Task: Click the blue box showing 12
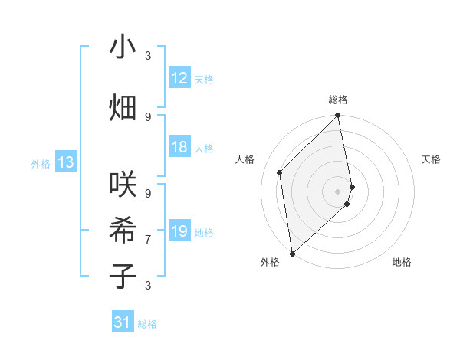click(x=179, y=78)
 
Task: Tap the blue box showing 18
click(x=179, y=148)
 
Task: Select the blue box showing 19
click(x=179, y=231)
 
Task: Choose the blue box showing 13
click(x=66, y=162)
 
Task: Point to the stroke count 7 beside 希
click(x=148, y=240)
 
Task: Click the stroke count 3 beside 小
click(x=148, y=56)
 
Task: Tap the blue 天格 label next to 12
click(x=203, y=80)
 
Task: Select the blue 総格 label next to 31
click(x=147, y=324)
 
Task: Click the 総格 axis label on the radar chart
click(x=338, y=100)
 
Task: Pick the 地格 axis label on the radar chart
click(x=402, y=263)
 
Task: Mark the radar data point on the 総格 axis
click(x=338, y=116)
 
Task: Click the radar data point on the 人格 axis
click(x=280, y=172)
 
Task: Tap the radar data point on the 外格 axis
click(x=292, y=253)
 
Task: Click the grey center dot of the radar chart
click(x=338, y=191)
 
